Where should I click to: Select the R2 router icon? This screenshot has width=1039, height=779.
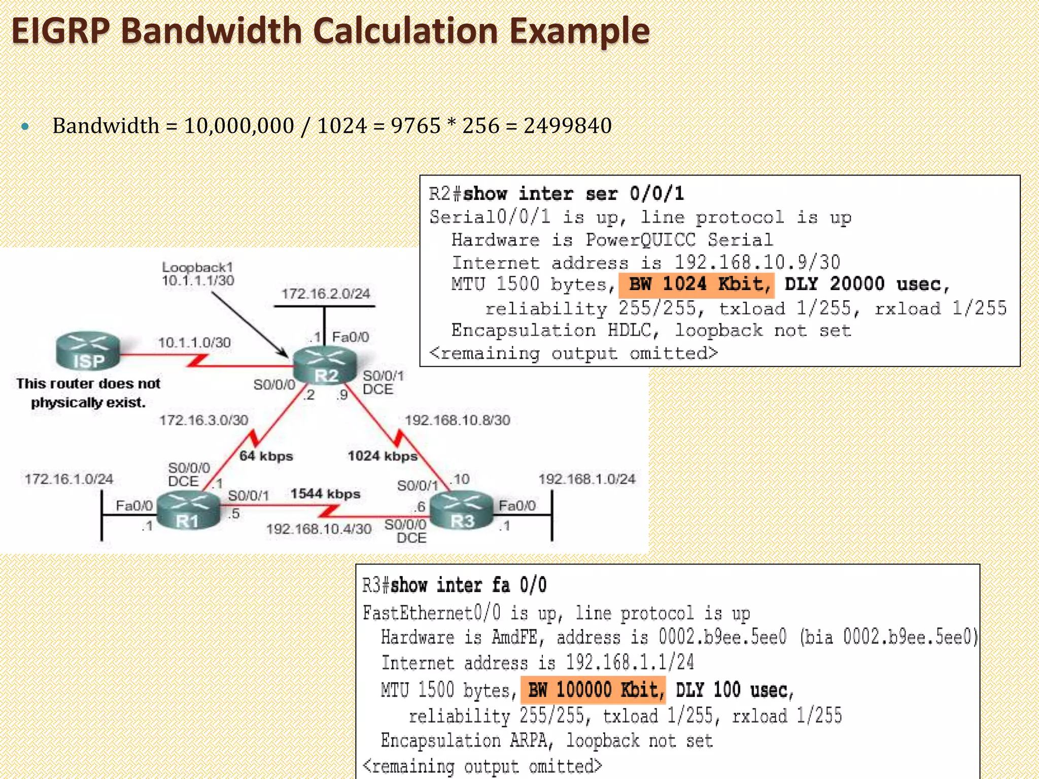[x=325, y=365]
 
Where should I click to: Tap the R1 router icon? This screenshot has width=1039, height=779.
[x=188, y=511]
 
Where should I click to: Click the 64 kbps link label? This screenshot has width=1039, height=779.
[x=266, y=456]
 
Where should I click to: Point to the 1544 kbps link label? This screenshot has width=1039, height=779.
[x=325, y=494]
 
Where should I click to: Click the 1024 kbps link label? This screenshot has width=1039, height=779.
[x=383, y=456]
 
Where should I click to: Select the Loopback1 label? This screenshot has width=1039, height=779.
[x=197, y=267]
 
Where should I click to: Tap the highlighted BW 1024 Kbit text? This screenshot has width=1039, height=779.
[x=696, y=285]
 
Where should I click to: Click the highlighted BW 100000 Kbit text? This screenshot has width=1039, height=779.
[x=593, y=690]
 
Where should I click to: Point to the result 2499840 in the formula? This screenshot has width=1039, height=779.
[x=567, y=126]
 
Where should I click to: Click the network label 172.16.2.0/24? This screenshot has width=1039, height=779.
[x=326, y=294]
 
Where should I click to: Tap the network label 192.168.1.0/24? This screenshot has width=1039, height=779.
[x=586, y=479]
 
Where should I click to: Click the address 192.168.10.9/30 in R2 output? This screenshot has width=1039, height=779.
[x=757, y=262]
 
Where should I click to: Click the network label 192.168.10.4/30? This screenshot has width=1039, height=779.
[x=319, y=529]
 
